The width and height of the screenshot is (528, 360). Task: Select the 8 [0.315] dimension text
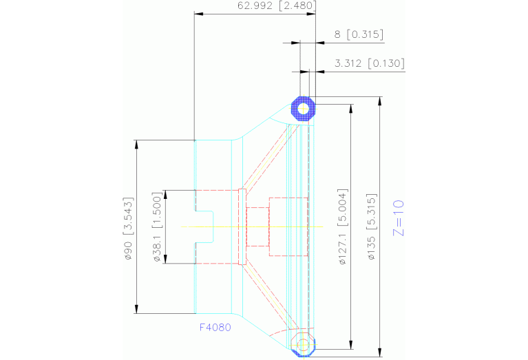click(359, 34)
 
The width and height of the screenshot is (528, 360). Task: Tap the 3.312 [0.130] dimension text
click(369, 64)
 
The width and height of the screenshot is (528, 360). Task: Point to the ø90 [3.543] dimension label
click(128, 228)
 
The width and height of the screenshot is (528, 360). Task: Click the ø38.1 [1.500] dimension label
click(158, 226)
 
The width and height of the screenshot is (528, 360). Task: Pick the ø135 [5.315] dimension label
click(371, 227)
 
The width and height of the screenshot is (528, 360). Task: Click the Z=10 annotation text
click(398, 218)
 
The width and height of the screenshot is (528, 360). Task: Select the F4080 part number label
click(215, 328)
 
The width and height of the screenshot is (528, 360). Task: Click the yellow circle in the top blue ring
click(303, 107)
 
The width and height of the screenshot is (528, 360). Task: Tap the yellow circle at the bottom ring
click(304, 343)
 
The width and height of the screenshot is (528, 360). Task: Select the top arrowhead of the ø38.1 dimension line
click(165, 193)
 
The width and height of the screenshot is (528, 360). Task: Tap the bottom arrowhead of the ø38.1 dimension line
click(165, 260)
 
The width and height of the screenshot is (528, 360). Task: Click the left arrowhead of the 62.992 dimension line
click(199, 13)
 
